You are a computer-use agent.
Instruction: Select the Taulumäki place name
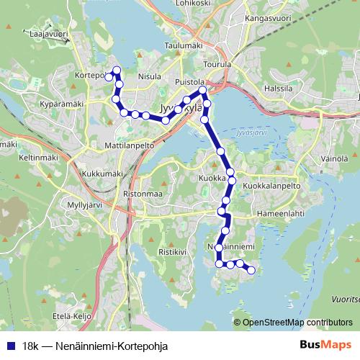[x=184, y=45]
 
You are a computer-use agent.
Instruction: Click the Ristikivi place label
[x=172, y=252]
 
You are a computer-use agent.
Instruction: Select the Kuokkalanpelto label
[x=271, y=186]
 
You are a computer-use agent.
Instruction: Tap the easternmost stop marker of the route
[x=251, y=271]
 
